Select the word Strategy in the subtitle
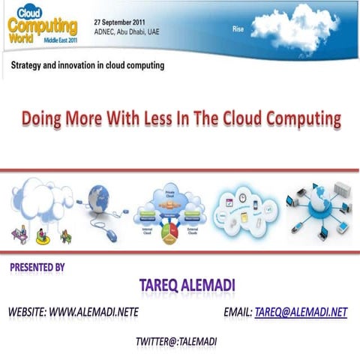[28, 66]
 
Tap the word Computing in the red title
[301, 118]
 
